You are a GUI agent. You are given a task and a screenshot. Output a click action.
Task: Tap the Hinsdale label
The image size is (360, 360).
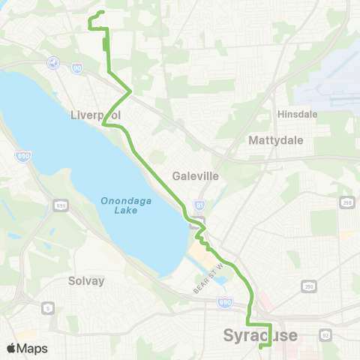[298, 115]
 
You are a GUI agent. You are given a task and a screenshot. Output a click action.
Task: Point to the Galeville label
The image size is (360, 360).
[195, 176]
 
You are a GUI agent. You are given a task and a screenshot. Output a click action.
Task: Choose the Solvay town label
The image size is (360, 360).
[87, 280]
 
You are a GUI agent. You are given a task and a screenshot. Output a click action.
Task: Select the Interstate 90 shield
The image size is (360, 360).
[78, 67]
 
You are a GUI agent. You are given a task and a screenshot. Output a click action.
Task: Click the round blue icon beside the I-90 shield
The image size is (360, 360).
[52, 62]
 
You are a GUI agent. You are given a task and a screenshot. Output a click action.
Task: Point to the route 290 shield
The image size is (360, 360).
[308, 286]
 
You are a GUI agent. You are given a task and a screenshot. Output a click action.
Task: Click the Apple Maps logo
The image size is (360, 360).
[27, 348]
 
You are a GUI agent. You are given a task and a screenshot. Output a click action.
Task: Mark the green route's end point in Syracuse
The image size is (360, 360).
[260, 347]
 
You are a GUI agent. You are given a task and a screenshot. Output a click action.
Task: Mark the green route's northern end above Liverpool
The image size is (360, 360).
[100, 12]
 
